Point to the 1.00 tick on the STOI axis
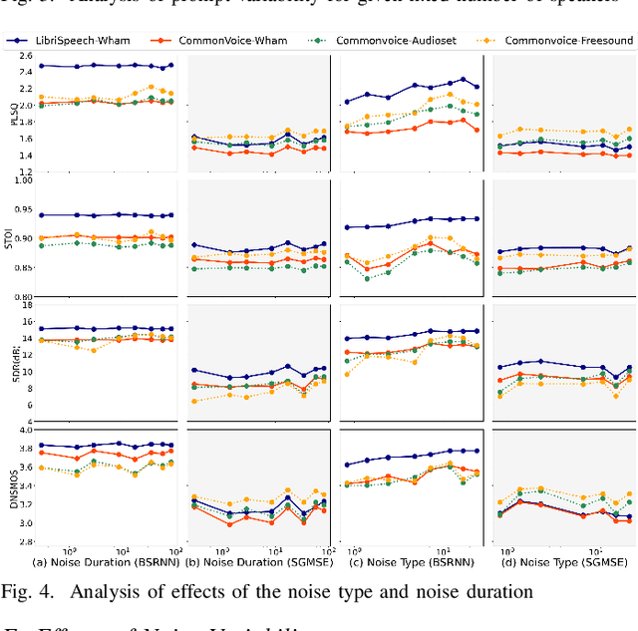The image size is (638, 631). tap(22, 180)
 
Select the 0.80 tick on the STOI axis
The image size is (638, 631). tap(22, 297)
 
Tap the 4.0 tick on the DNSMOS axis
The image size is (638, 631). tap(25, 431)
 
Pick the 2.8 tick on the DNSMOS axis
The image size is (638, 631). tap(25, 542)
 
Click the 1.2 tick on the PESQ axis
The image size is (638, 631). tap(25, 172)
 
